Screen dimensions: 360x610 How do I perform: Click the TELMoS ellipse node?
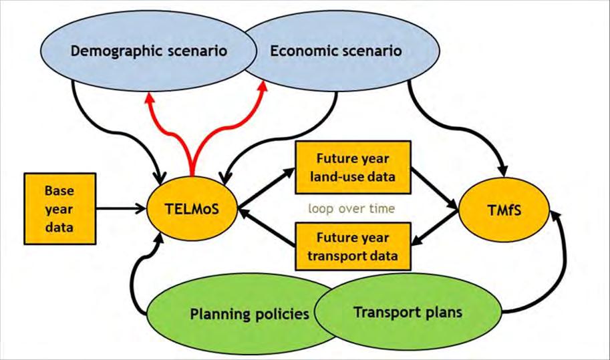(190, 208)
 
